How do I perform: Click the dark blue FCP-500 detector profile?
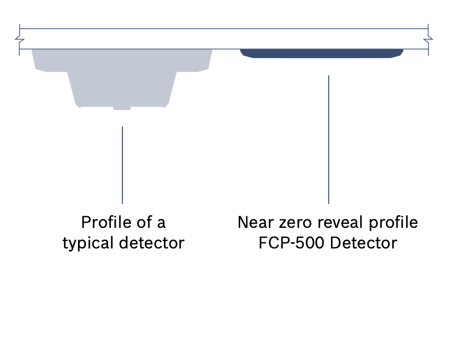[321, 53]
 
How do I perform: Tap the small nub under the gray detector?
[122, 108]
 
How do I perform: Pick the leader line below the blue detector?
[329, 139]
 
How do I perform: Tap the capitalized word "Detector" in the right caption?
[363, 243]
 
